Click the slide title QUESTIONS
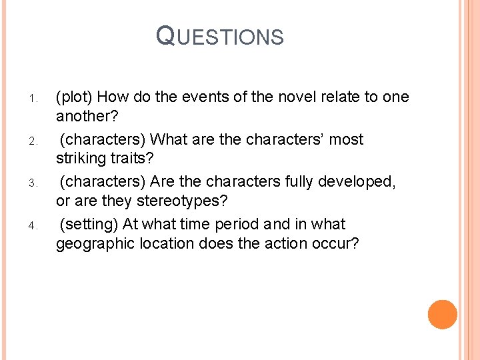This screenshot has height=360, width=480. (220, 36)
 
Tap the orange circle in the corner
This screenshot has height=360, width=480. (442, 314)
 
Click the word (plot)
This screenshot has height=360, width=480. (77, 97)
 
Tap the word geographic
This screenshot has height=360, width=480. (96, 243)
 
